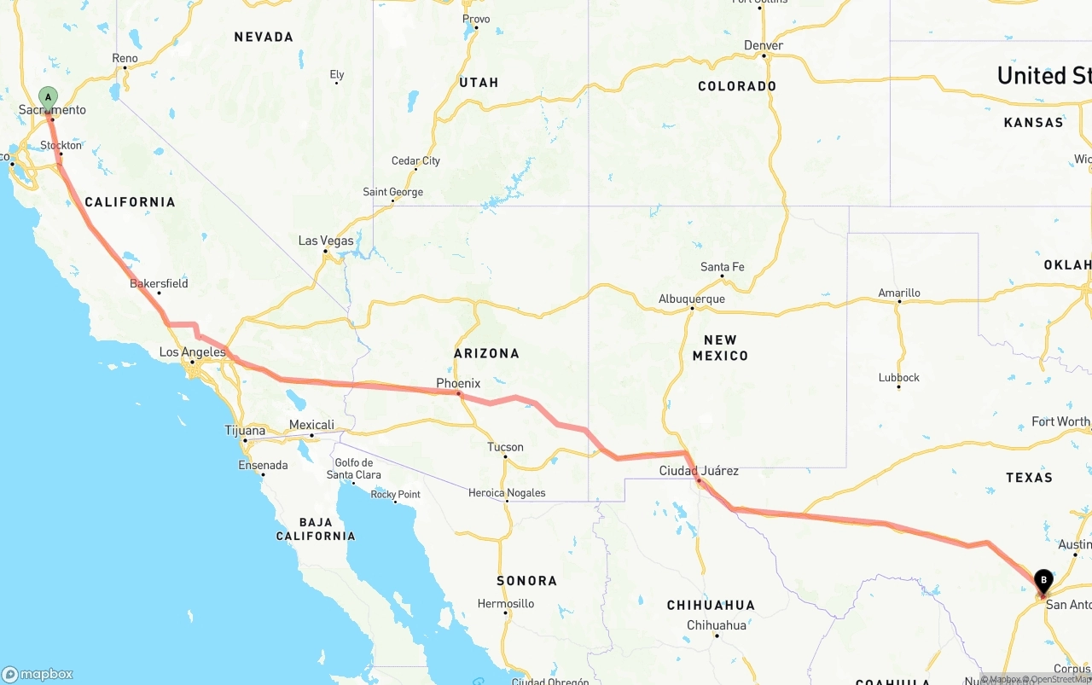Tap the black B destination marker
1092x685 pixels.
[x=1043, y=582]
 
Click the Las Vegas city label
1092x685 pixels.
[x=326, y=241]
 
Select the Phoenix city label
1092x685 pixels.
[x=458, y=383]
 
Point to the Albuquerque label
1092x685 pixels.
[x=691, y=299]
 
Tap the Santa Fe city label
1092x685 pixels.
[x=722, y=267]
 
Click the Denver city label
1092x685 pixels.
[x=763, y=45]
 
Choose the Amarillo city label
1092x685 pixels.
[x=899, y=293]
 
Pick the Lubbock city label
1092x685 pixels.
[x=899, y=377]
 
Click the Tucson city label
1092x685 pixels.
[x=505, y=447]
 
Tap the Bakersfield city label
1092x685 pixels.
[x=159, y=283]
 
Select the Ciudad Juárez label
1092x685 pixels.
[x=699, y=471]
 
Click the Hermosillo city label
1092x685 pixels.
[x=506, y=603]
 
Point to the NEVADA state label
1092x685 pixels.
[x=264, y=37]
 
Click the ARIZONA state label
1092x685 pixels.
[x=486, y=353]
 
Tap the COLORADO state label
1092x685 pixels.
[x=737, y=86]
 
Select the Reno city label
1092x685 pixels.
[x=125, y=58]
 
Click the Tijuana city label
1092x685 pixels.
[x=245, y=431]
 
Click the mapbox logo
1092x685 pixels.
[x=38, y=674]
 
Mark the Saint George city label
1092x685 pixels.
[x=392, y=192]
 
